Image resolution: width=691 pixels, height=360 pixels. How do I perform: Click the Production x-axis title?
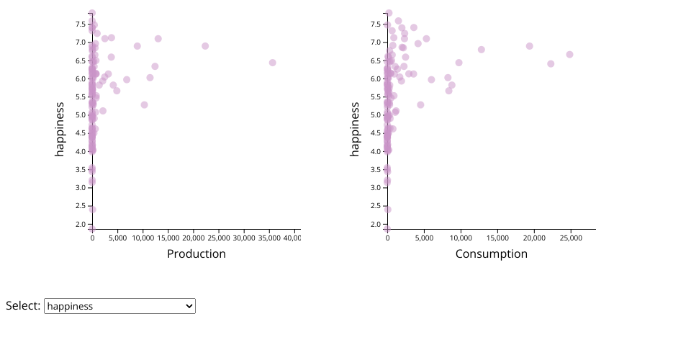point(196,254)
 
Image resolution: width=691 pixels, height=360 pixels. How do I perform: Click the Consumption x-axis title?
point(491,254)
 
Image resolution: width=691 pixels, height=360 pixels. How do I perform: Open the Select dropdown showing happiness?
point(119,306)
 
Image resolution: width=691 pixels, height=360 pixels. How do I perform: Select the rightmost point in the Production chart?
point(273,63)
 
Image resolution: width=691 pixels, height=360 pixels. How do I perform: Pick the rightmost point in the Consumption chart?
point(569,55)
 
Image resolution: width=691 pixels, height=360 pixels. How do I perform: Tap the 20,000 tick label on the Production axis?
point(194,238)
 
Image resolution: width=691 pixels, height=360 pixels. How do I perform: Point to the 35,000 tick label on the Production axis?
point(269,238)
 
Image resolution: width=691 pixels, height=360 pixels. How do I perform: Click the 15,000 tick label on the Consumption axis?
point(497,238)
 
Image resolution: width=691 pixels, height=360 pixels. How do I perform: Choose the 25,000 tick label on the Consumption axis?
point(571,238)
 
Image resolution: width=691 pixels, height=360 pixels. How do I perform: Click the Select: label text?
point(23,306)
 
